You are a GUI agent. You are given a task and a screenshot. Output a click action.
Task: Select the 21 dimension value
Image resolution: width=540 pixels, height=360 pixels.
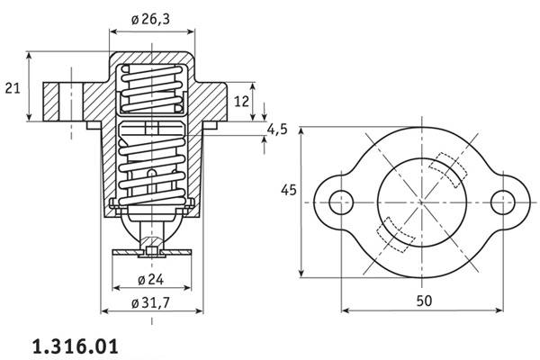tap(13, 87)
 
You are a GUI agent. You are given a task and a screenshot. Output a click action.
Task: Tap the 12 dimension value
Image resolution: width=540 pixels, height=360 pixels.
tap(241, 102)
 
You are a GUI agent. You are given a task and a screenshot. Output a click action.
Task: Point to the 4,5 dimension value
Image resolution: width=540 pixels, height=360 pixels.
tap(276, 130)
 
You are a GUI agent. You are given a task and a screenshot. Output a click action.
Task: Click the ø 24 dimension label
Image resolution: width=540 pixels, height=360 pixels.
tap(150, 277)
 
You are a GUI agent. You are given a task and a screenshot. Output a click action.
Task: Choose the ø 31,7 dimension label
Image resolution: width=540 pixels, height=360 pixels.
tap(152, 301)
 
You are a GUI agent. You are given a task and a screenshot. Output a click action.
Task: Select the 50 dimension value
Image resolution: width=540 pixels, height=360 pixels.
tap(421, 298)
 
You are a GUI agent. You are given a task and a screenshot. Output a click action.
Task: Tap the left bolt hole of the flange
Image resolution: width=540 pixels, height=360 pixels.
tap(339, 203)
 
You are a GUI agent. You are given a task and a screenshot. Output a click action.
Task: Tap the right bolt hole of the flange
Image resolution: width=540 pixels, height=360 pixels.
tap(502, 203)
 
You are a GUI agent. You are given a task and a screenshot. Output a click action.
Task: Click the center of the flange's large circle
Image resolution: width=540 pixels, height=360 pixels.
tap(420, 203)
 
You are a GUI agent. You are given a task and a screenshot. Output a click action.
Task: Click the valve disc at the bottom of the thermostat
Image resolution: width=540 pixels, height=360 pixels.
tap(151, 253)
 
